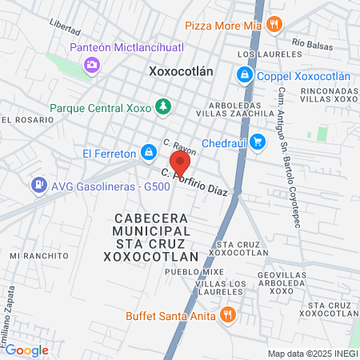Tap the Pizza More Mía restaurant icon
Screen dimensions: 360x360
coord(274,24)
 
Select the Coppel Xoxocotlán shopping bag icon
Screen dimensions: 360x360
coord(243,75)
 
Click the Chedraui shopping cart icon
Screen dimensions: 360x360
coord(257,142)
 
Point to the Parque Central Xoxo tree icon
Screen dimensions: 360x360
coord(163,106)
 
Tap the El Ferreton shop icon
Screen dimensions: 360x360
coord(148,151)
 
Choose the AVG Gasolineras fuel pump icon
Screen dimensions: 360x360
coord(38,186)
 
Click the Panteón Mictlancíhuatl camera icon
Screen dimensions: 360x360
coord(93,63)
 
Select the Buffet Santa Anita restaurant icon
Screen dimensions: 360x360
coord(228,315)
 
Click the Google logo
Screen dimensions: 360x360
coord(26,350)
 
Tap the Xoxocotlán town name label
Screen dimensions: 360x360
coord(181,70)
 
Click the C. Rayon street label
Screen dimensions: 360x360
coord(179,147)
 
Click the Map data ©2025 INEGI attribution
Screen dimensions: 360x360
coord(312,353)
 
